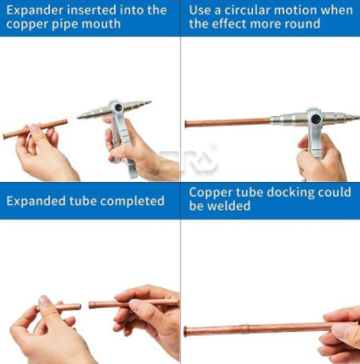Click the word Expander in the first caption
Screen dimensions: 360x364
(x=35, y=11)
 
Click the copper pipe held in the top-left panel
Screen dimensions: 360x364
(x=35, y=129)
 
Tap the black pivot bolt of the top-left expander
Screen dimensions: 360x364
(x=118, y=108)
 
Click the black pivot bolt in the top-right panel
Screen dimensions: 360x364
(x=315, y=120)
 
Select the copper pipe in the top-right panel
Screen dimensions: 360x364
(x=227, y=122)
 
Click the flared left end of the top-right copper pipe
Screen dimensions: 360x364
(x=186, y=123)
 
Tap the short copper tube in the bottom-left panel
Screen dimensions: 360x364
(x=65, y=307)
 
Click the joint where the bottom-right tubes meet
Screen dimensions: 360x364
(x=244, y=329)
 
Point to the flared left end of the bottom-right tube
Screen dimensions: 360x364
(x=186, y=332)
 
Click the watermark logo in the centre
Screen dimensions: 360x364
(x=188, y=161)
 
